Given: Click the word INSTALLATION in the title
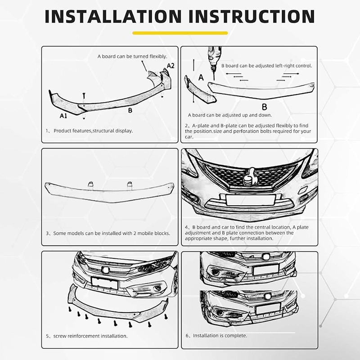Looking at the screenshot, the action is coord(113,16).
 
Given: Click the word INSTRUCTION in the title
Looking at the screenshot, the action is coord(252,16).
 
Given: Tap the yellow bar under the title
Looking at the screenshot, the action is coord(180,33).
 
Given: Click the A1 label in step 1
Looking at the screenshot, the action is coord(63,116).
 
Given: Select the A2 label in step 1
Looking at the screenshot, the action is coord(171,66).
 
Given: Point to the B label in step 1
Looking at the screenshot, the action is coord(130,110).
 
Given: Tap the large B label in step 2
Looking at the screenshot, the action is coord(265,107).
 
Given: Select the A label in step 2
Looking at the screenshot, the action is coord(201,77).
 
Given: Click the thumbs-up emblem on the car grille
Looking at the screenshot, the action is coord(250,176).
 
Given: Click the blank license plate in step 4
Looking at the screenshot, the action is coord(251,200).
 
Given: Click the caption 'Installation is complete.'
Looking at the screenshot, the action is coord(220,336).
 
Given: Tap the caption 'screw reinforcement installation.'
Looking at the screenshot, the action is coord(90,336).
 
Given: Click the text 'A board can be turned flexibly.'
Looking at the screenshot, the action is coord(132,57).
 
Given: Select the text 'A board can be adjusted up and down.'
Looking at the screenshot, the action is coord(230,115).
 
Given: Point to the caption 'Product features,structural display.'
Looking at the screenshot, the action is coord(93,131).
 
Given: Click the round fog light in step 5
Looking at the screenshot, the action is coord(157,288).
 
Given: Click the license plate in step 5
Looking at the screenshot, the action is coord(105,283).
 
